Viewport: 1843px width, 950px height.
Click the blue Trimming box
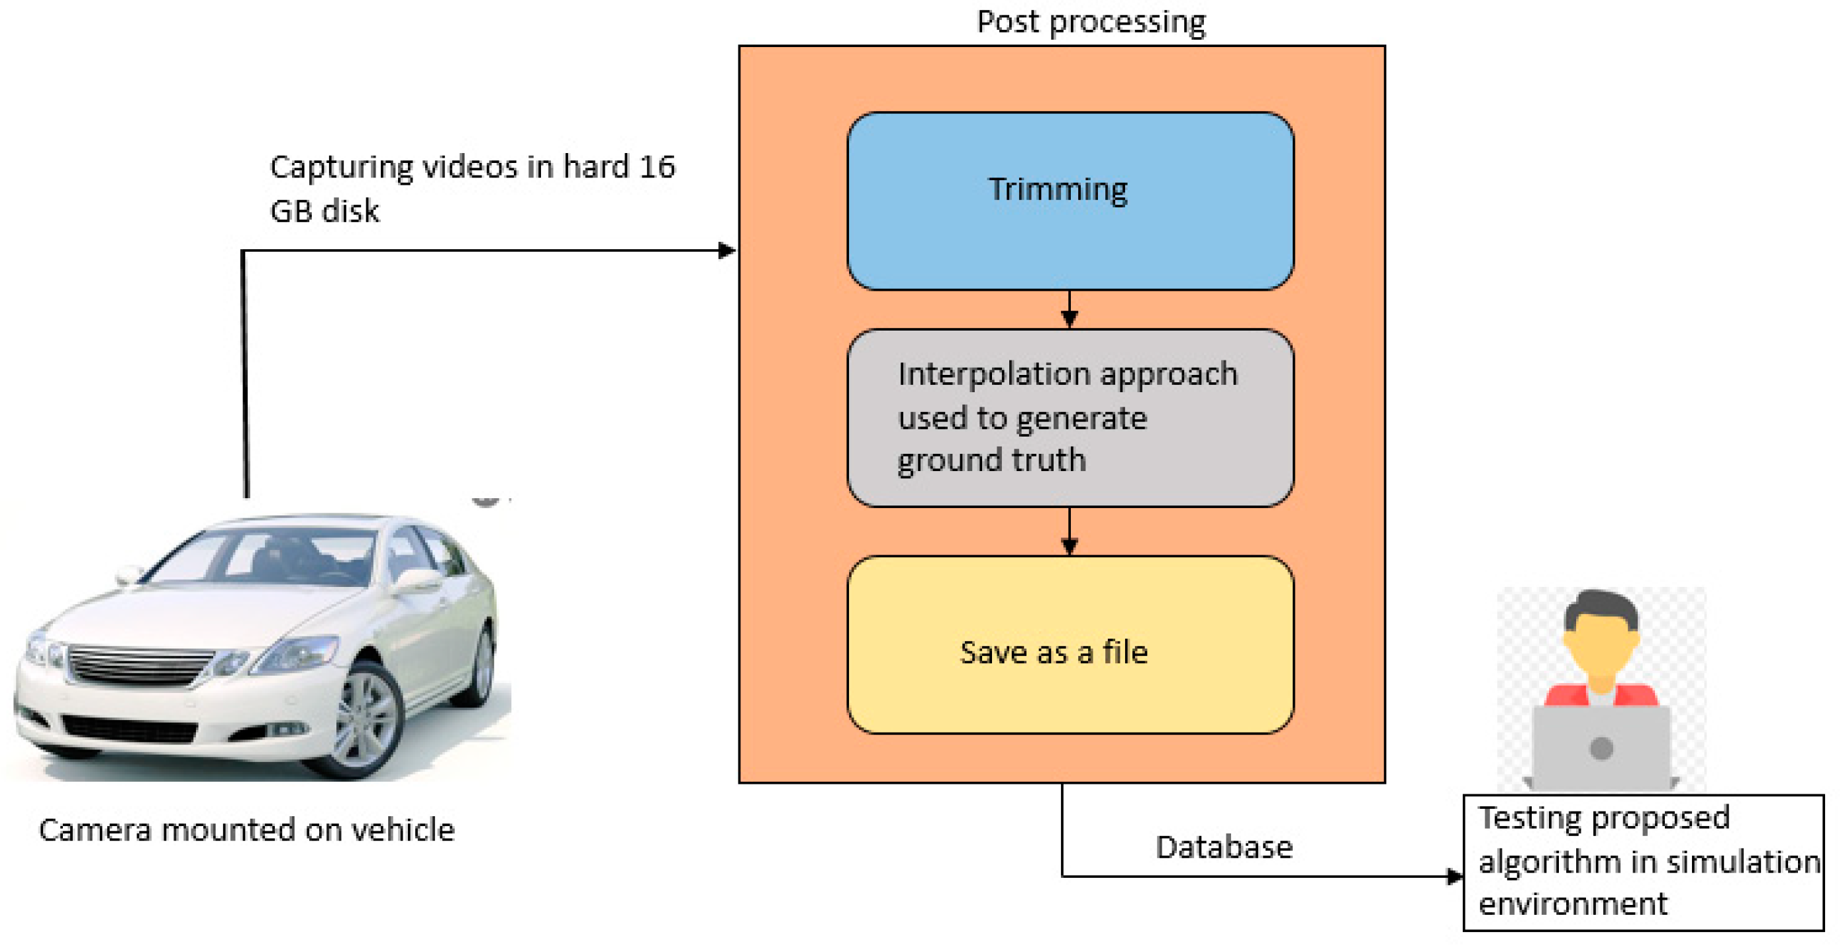(x=1070, y=201)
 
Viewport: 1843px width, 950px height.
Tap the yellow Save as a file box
(x=1070, y=645)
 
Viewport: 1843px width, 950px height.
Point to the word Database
(x=1223, y=847)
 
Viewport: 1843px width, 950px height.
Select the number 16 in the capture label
(x=656, y=167)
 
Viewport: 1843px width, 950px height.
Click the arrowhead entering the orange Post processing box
(x=727, y=250)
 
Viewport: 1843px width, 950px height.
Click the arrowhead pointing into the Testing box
(x=1454, y=876)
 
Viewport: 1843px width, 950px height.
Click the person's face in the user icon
(x=1601, y=645)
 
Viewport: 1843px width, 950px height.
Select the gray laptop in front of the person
(x=1601, y=748)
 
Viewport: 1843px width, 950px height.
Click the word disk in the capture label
(x=350, y=211)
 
